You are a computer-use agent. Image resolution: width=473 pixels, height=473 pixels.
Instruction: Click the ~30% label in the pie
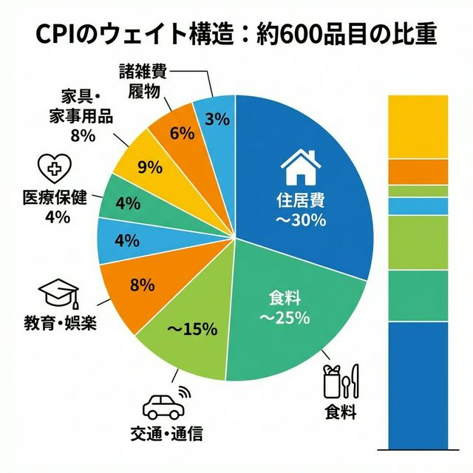(x=300, y=220)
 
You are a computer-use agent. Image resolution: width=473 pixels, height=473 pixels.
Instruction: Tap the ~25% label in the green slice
(x=284, y=319)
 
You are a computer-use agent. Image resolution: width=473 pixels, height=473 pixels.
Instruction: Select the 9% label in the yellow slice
(x=150, y=167)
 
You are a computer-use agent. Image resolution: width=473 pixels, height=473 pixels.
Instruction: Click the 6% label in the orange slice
(x=181, y=133)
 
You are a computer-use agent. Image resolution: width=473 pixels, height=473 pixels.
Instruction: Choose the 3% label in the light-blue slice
(x=216, y=118)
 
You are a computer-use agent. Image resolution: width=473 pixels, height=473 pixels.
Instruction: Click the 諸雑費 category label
(x=143, y=72)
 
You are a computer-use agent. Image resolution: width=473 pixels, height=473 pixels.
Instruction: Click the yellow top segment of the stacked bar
(x=418, y=126)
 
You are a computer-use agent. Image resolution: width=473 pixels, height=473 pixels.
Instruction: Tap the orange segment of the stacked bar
(x=418, y=171)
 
